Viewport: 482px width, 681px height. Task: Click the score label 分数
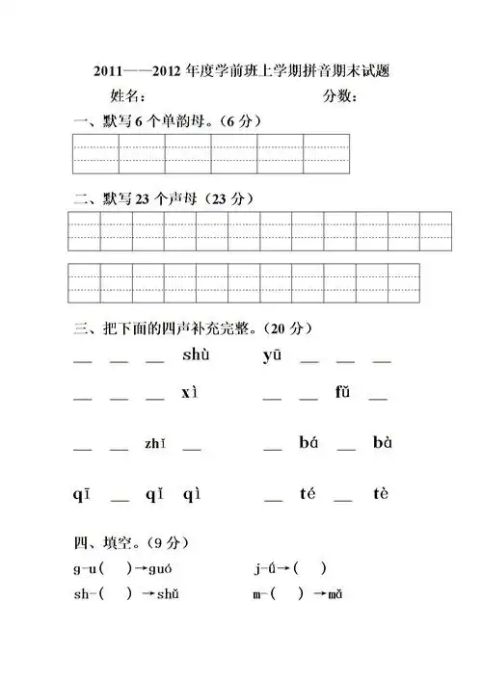(x=340, y=96)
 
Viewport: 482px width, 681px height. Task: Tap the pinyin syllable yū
(x=271, y=356)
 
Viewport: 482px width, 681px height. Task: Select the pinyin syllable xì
(x=189, y=393)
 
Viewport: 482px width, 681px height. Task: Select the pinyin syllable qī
(x=81, y=495)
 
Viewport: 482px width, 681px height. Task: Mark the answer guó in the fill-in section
(x=160, y=567)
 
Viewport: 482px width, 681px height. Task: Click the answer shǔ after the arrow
(x=167, y=594)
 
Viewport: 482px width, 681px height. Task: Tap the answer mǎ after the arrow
(x=335, y=594)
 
